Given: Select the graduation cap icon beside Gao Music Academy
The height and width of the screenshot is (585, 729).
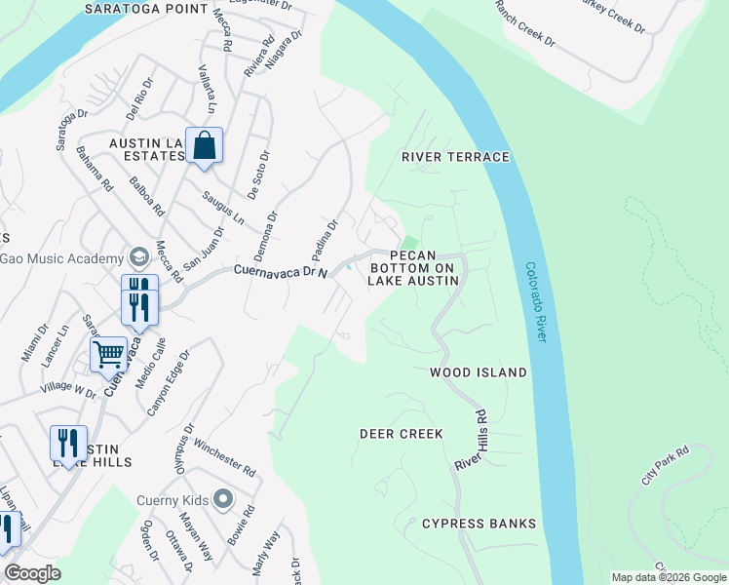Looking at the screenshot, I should [137, 256].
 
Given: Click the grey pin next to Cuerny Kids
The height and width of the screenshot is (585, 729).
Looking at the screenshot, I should [223, 500].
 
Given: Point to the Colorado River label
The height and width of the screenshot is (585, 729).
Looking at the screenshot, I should [534, 300].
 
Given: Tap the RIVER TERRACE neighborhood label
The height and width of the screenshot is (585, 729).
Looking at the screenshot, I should [456, 157].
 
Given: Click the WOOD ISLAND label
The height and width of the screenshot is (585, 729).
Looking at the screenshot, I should [479, 372].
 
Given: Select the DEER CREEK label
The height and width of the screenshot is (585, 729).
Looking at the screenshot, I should [402, 434].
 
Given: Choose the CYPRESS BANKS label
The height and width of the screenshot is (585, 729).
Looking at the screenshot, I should [479, 524].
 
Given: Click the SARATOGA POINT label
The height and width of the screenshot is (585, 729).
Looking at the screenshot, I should [159, 9].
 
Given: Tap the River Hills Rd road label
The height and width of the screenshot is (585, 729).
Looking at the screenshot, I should [470, 441].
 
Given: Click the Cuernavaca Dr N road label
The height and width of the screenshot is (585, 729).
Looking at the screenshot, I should [279, 271].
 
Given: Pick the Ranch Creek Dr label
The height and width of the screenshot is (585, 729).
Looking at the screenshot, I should [524, 24].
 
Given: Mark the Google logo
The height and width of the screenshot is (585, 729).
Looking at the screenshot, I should [32, 573].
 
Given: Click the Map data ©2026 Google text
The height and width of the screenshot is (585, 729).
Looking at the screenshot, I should [668, 577].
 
